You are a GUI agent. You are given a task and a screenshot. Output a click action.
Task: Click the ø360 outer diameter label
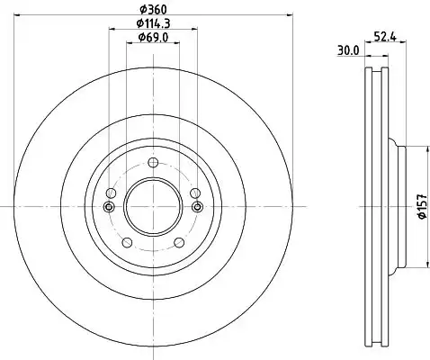(x=153, y=10)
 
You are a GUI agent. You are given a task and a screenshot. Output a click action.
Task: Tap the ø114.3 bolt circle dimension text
(x=153, y=23)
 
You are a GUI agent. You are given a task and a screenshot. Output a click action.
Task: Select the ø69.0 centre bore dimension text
(x=153, y=38)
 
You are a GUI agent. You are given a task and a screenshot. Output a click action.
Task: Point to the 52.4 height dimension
(x=385, y=37)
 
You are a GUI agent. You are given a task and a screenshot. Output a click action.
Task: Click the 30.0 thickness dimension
(x=348, y=50)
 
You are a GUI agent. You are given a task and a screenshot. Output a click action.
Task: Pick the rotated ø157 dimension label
(x=422, y=206)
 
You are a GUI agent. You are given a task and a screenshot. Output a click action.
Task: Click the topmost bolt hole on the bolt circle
(x=153, y=163)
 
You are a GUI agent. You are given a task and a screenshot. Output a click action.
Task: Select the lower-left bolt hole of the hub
(x=128, y=242)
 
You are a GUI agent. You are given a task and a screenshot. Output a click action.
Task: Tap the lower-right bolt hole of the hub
(x=179, y=242)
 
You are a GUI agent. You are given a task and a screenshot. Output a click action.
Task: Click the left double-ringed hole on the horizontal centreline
(x=109, y=206)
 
